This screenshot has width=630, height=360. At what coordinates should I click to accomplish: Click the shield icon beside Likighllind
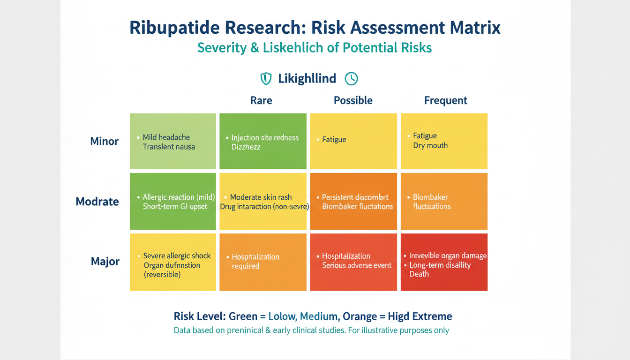coord(266,79)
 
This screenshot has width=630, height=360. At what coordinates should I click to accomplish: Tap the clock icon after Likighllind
coord(351,79)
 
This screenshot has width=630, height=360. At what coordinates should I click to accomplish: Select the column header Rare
coord(261,100)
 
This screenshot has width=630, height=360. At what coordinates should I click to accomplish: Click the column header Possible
coord(353,100)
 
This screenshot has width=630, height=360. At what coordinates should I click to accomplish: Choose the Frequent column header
coord(446,100)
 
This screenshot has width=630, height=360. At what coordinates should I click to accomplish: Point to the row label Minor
coord(105,141)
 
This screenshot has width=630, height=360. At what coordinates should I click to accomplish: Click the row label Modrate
coord(97,202)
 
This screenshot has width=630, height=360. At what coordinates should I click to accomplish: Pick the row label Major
coord(105,261)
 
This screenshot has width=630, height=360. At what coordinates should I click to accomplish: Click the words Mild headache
coord(166,137)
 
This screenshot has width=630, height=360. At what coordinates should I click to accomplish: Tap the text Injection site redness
coord(265,138)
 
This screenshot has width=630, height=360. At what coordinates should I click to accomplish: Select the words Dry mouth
coord(430,145)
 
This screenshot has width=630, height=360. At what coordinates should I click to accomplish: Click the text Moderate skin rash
coord(261,197)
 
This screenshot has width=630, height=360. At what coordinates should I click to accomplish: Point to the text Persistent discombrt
coord(355,197)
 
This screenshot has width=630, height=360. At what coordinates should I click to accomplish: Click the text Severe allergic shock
coord(177,256)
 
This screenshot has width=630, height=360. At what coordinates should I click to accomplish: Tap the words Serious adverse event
coord(357,265)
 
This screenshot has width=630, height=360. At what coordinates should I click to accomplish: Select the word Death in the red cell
coord(419,274)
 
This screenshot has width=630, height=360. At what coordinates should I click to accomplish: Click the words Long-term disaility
coord(440,265)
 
